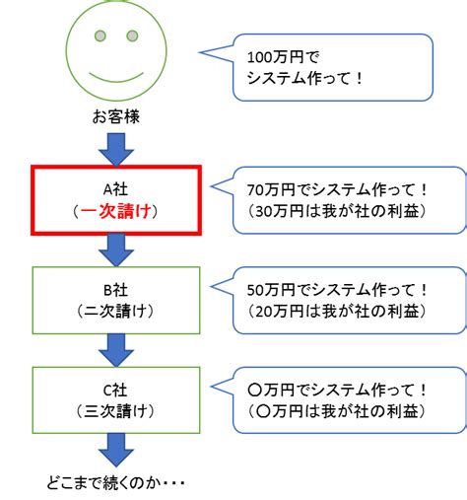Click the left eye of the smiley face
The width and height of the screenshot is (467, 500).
coord(100,36)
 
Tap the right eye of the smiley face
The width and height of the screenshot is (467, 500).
coord(132,36)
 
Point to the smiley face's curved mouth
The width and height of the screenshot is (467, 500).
coord(116,79)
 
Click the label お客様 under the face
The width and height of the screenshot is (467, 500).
coord(116,116)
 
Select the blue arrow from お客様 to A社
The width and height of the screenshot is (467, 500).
coord(116,150)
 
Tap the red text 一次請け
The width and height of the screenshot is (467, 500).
coord(115,211)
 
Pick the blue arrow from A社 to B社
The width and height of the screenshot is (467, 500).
coord(116,250)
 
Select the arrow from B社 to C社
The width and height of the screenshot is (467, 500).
coord(116,350)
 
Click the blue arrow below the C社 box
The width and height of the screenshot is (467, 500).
coord(116,450)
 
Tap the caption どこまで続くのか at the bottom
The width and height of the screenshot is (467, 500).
coord(102,483)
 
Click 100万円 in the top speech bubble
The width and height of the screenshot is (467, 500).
coord(275,57)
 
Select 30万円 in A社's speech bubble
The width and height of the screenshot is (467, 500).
coord(280,211)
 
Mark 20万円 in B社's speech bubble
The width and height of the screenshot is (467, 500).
coord(280,311)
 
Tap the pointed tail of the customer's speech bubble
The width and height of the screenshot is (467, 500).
coord(200,52)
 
